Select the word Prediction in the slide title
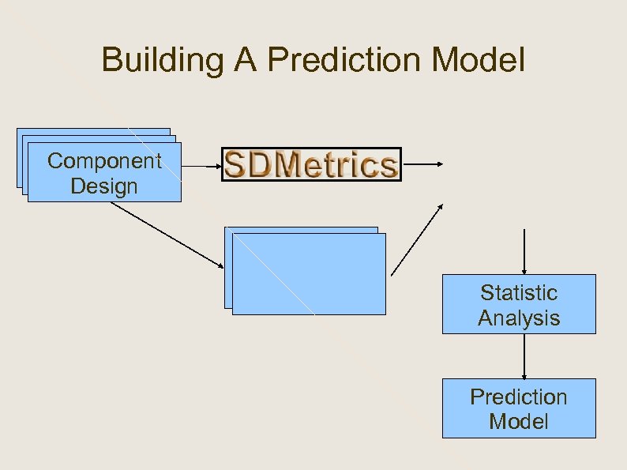click(x=336, y=60)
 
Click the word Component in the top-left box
click(x=104, y=161)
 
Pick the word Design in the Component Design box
click(x=104, y=186)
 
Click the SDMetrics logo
click(x=311, y=164)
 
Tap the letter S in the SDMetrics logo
click(x=236, y=165)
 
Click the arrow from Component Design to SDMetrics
click(x=201, y=167)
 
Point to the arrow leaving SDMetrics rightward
click(x=423, y=164)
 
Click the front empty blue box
click(x=310, y=276)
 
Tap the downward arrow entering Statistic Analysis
click(x=524, y=251)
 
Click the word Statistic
click(x=519, y=293)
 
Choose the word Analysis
click(x=519, y=318)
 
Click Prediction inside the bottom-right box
click(x=519, y=397)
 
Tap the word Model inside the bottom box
click(x=519, y=422)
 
